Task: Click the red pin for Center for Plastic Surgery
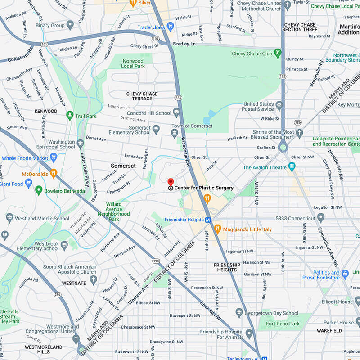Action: coord(171,182)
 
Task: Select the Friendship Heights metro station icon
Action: coord(208,220)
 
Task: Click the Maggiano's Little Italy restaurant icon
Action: coord(217,229)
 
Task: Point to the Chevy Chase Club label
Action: coord(253,54)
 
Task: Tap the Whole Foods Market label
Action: coord(25,158)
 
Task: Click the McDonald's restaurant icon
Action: coord(54,173)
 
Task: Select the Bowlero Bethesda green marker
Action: coord(39,191)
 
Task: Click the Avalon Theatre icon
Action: coord(293,167)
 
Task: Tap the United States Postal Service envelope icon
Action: coord(279,106)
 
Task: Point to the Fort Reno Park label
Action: coord(283,324)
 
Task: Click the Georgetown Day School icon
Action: coord(239,313)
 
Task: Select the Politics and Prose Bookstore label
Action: coord(326,275)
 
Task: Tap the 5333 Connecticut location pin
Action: coord(320,219)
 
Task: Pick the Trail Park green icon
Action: coord(69,116)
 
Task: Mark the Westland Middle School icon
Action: coord(9,219)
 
